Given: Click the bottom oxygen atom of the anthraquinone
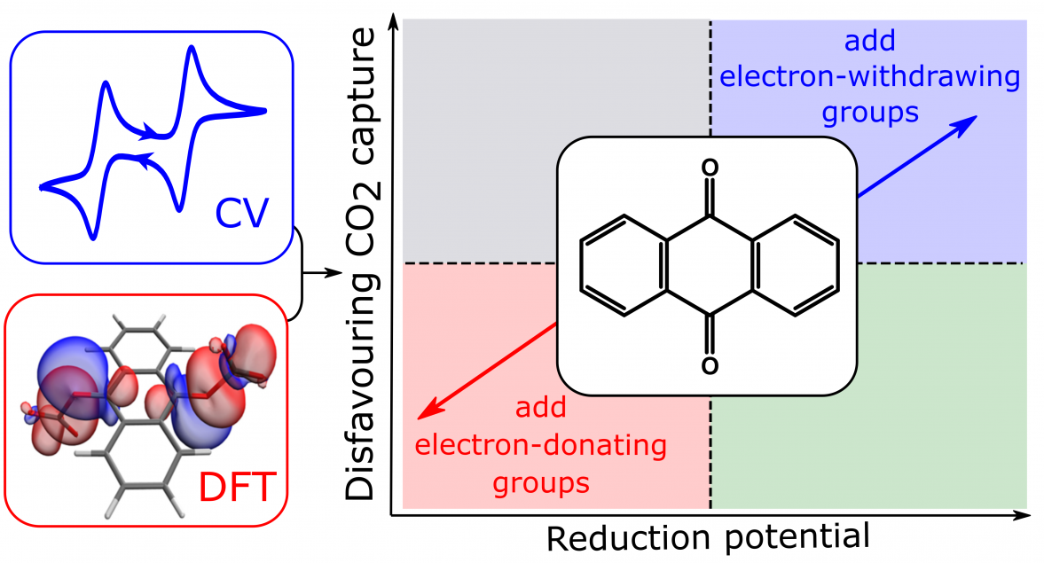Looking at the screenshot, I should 710,365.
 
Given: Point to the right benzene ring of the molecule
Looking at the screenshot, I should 795,265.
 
